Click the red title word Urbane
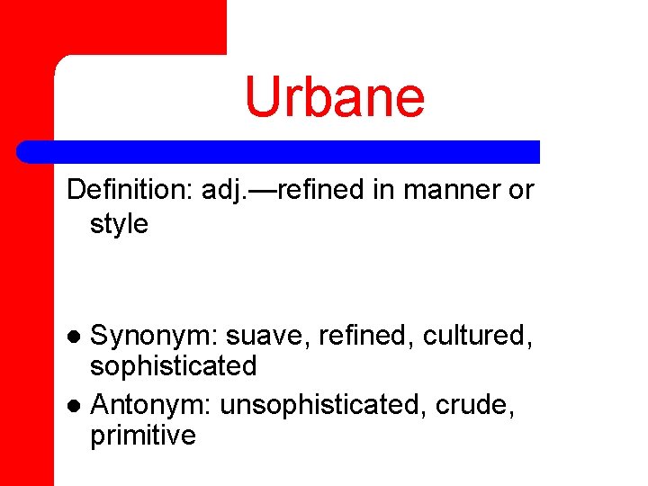pyautogui.click(x=335, y=97)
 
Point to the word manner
pyautogui.click(x=445, y=190)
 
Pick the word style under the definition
pyautogui.click(x=119, y=224)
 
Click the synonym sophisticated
pyautogui.click(x=174, y=366)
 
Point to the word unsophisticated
pyautogui.click(x=323, y=405)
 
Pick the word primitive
pyautogui.click(x=143, y=436)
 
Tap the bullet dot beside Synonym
pyautogui.click(x=76, y=337)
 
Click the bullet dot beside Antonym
pyautogui.click(x=76, y=406)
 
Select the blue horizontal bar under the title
pyautogui.click(x=279, y=152)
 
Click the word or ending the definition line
pyautogui.click(x=519, y=190)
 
